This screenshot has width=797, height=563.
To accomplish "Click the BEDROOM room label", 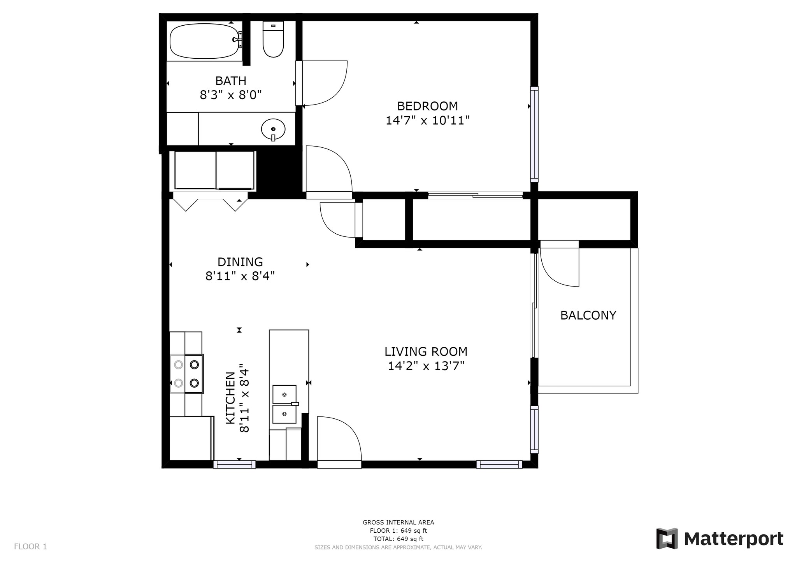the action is click(x=427, y=106).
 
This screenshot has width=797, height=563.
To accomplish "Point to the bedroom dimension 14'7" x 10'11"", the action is click(x=427, y=121).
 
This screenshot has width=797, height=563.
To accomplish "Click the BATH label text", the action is click(x=231, y=81).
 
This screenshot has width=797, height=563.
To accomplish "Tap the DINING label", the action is click(x=240, y=262).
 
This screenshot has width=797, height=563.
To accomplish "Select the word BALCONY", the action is click(x=588, y=315).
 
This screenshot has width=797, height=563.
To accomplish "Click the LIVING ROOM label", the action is click(x=426, y=351).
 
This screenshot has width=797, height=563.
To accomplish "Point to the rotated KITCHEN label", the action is click(x=230, y=398).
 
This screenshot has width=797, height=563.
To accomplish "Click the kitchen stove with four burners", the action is click(x=186, y=374).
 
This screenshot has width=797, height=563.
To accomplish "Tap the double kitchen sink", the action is click(x=284, y=404).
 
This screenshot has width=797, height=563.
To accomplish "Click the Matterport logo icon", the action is click(x=667, y=539).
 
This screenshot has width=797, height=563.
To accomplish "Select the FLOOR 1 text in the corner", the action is click(x=30, y=547).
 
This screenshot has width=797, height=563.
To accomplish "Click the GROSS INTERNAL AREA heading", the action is click(x=398, y=523).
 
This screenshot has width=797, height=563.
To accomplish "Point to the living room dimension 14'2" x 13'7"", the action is click(x=426, y=366).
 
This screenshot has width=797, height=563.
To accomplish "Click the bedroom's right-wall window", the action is click(x=534, y=134).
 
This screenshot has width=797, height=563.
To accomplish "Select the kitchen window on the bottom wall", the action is click(x=234, y=464).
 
